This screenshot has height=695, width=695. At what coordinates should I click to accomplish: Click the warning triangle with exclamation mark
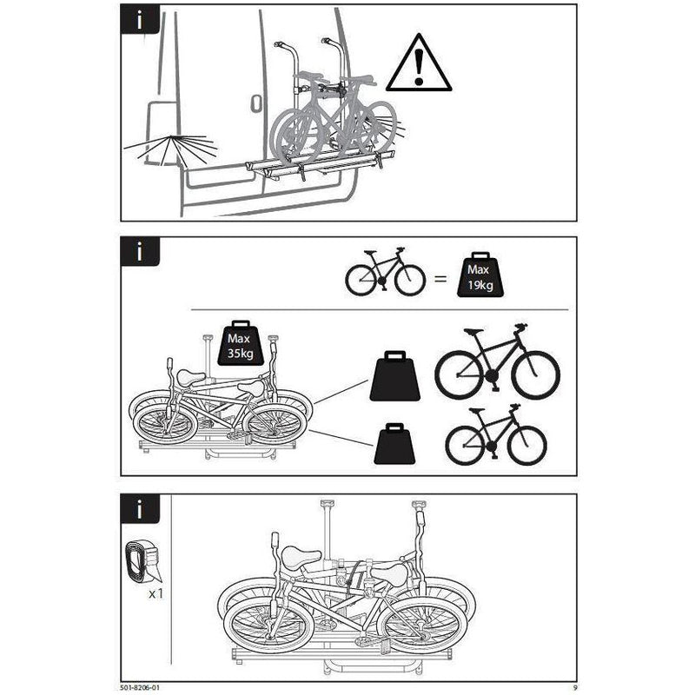coord(419,64)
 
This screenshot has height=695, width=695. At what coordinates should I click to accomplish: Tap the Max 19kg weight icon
coord(480,275)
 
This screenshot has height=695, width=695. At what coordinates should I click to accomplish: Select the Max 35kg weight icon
coord(241,343)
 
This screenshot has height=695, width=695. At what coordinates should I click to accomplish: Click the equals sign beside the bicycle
coord(440,279)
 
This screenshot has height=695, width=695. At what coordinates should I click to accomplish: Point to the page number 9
coord(575,687)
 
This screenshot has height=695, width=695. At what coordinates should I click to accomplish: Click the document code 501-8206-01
coord(140,687)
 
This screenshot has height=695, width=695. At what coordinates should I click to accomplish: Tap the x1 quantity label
coord(156,593)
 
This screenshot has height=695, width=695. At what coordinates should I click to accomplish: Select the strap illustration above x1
coord(143,561)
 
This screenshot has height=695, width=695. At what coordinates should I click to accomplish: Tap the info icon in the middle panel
coord(140,251)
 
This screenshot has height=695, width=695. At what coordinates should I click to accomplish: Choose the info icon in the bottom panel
coord(140,509)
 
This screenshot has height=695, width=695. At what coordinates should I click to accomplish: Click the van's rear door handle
coord(256,103)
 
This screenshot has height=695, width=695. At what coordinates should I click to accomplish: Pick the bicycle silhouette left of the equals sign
coord(385,271)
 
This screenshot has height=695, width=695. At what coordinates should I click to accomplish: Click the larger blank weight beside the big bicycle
coord(395,376)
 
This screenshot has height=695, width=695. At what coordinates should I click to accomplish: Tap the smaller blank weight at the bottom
coord(394,444)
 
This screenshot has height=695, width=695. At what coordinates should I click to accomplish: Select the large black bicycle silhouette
coord(497,361)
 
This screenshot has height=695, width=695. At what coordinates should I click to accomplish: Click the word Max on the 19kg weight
coord(479,269)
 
